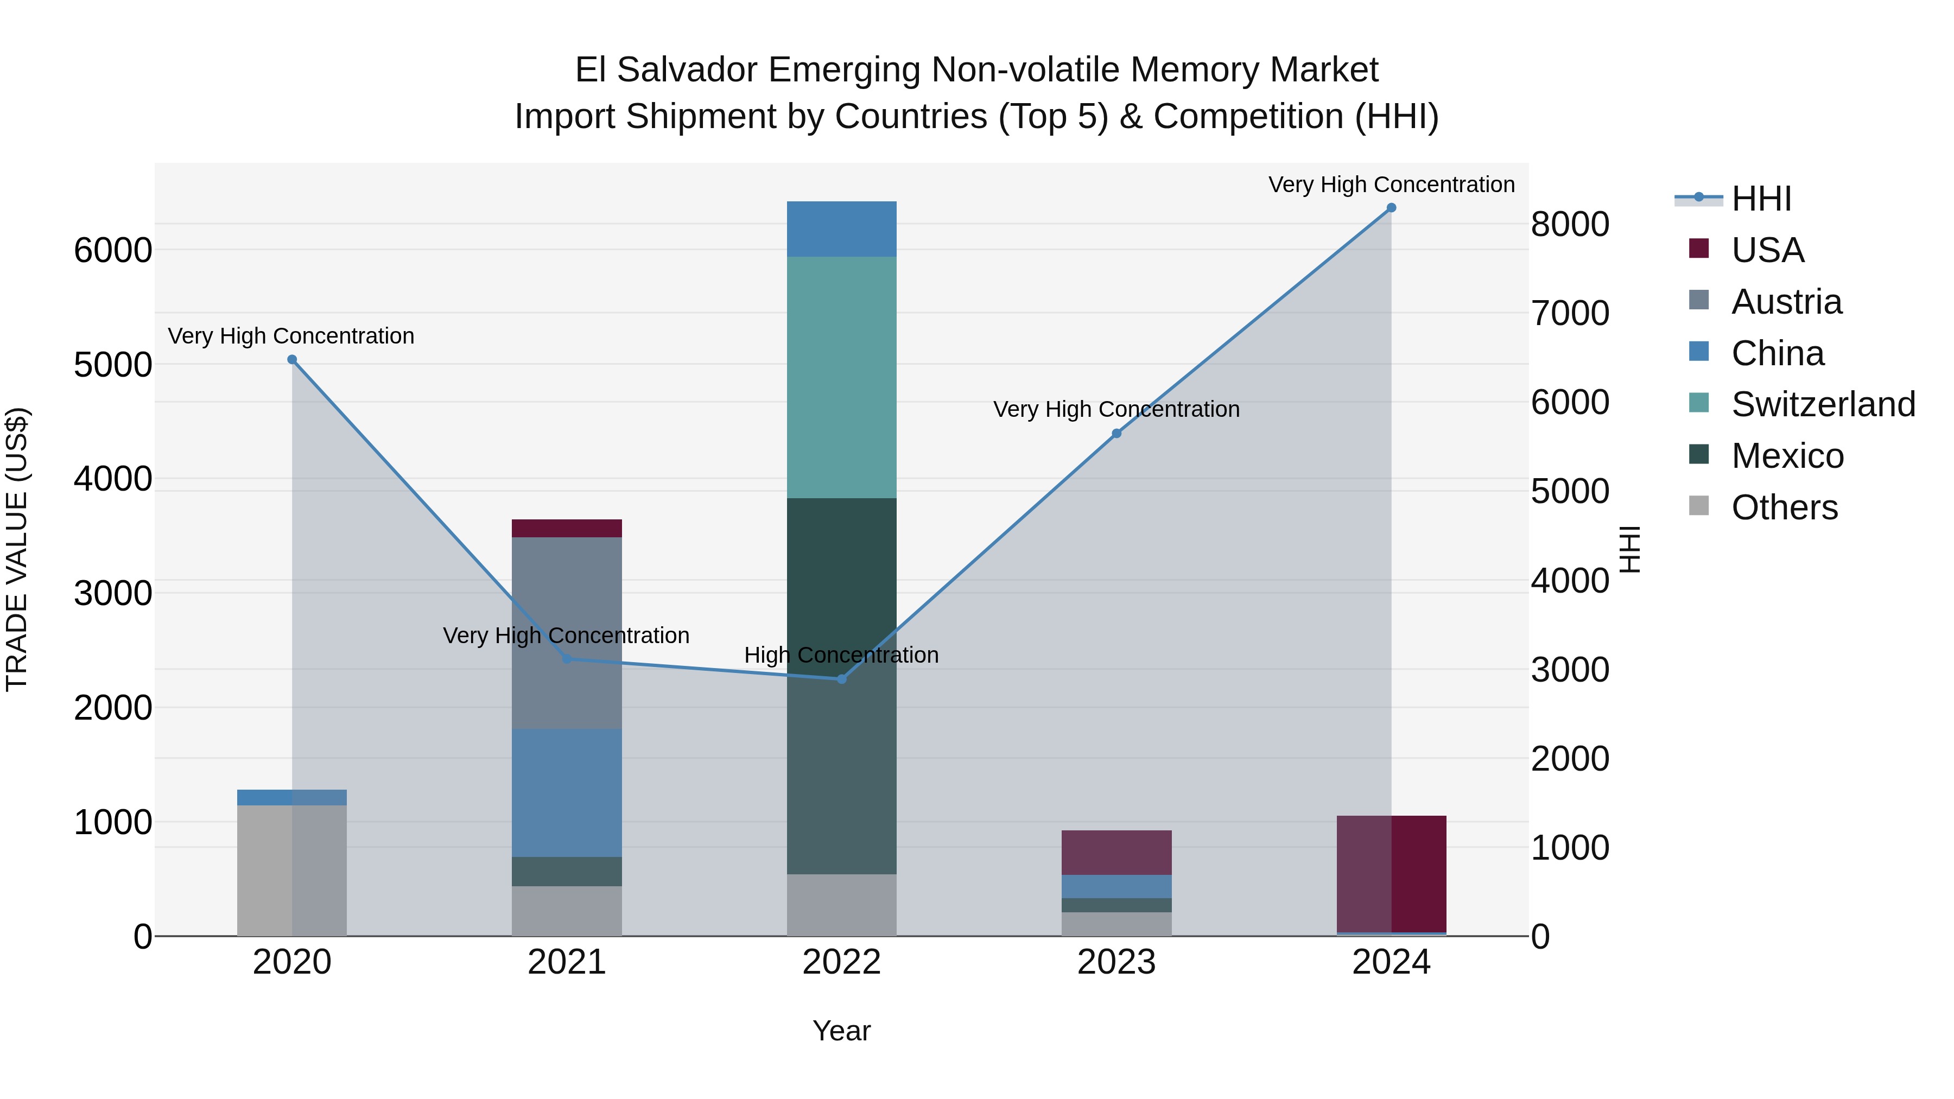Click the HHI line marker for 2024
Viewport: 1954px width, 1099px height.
pos(1391,208)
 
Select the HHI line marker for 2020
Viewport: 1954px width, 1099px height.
pos(292,359)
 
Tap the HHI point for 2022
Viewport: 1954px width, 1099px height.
pos(841,679)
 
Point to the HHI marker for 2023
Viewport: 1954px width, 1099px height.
pos(1116,433)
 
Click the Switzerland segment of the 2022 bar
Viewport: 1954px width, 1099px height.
pos(841,377)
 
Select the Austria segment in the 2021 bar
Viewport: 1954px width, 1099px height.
pos(567,633)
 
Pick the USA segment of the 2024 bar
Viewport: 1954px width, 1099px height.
pos(1391,874)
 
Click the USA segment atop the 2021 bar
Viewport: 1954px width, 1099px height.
pos(567,528)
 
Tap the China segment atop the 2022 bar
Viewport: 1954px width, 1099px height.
pos(841,229)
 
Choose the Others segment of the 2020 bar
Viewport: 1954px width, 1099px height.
pos(292,870)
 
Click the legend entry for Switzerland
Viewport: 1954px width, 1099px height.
pos(1823,404)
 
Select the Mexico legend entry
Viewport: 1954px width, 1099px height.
pos(1787,456)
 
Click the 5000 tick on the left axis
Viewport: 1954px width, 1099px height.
pos(112,365)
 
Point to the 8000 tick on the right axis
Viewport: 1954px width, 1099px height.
pos(1569,225)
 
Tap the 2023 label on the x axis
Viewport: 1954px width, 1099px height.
pos(1116,962)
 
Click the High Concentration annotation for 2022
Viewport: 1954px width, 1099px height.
pos(841,655)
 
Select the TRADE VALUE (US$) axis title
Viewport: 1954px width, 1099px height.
pos(17,549)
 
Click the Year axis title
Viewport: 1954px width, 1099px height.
pos(841,1031)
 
